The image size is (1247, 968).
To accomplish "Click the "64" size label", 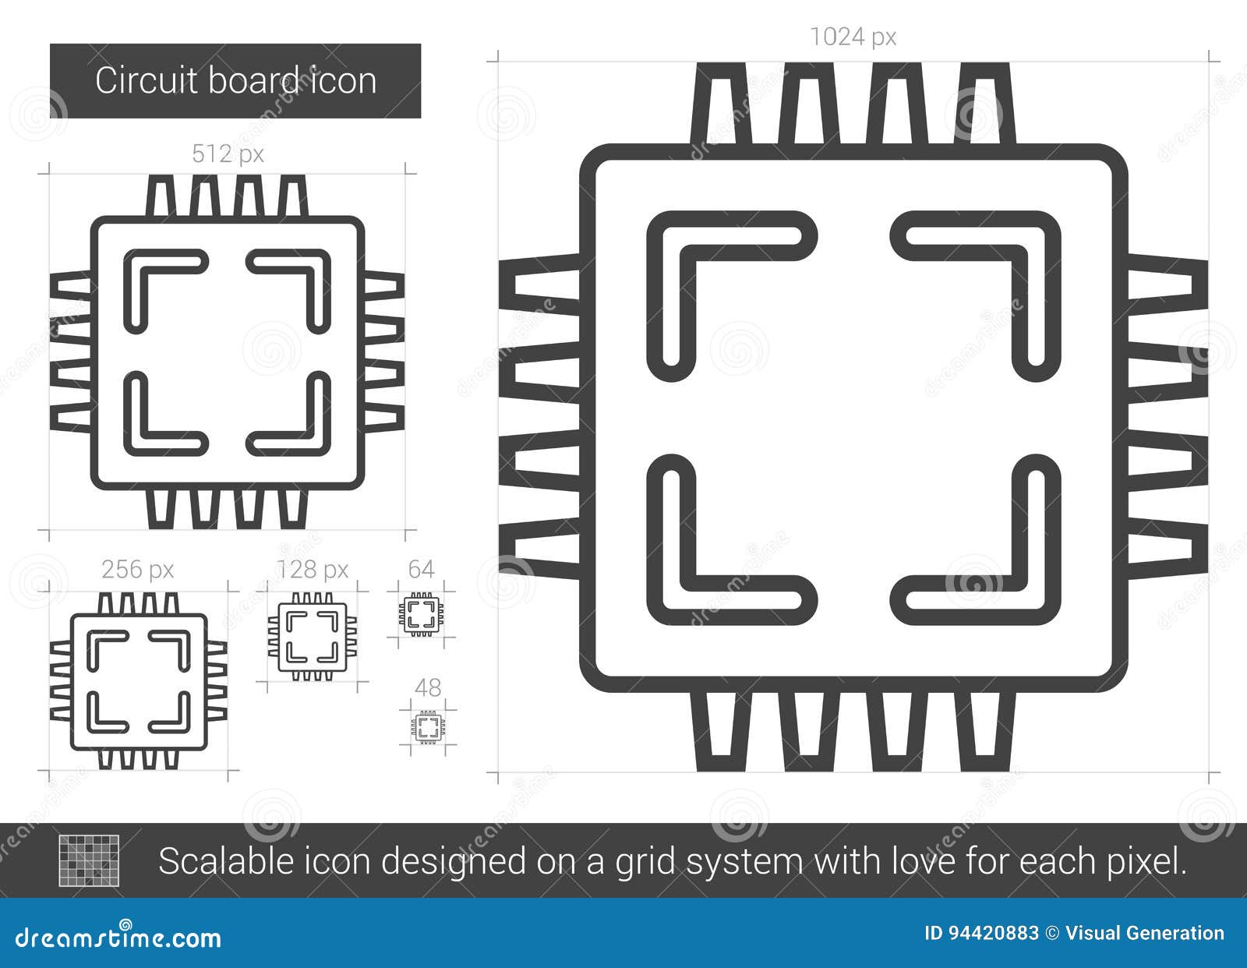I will [421, 569].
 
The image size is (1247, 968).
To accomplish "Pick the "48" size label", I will [428, 687].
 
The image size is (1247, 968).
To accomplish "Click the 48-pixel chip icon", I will [428, 727].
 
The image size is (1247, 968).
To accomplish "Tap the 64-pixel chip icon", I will [421, 613].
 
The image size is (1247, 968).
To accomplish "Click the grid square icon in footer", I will [90, 860].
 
